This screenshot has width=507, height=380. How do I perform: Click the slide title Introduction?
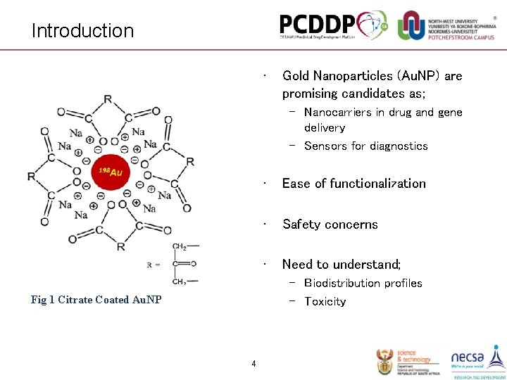82,31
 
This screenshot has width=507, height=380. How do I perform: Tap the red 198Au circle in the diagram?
110,171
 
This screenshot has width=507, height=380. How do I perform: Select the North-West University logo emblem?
411,25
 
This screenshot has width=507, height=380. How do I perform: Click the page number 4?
254,364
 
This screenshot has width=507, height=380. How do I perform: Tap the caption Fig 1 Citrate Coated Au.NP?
96,300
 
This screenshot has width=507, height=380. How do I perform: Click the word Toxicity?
325,301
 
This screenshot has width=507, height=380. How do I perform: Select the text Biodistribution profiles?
363,283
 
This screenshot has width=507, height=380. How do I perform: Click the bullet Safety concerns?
330,224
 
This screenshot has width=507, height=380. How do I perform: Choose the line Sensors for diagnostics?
365,146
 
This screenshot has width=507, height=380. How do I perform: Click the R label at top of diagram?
107,99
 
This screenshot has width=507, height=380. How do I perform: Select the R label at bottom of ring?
121,247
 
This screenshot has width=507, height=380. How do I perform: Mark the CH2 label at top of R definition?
180,246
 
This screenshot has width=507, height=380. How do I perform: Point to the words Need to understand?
341,265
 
